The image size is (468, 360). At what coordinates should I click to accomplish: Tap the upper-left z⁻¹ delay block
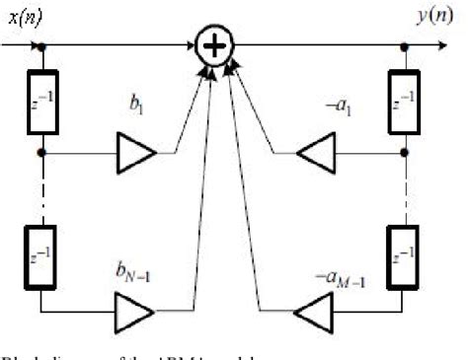40,100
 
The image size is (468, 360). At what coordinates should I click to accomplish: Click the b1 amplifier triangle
134,154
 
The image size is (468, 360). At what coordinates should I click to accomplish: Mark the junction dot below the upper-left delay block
40,154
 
